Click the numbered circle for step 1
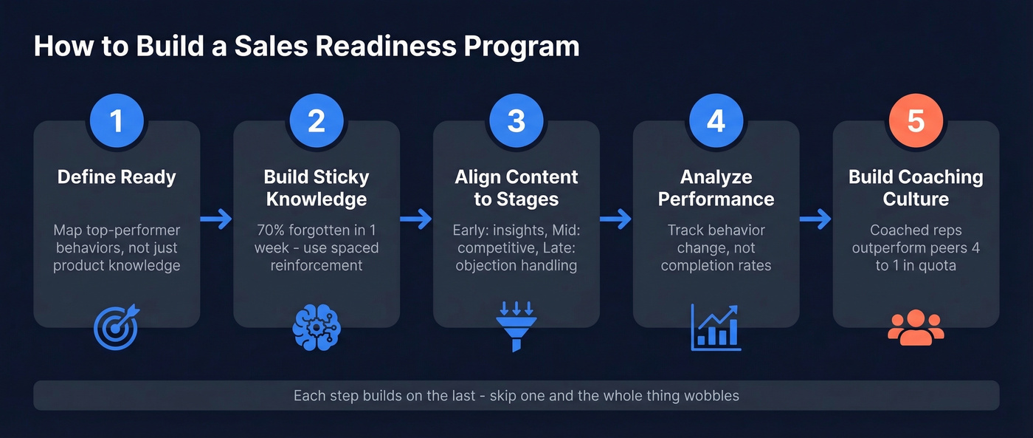117,122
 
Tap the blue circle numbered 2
317,122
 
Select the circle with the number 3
516,122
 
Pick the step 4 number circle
716,122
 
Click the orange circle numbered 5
916,122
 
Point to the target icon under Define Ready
117,327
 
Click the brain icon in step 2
317,327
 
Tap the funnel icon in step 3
516,327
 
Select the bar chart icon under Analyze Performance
716,327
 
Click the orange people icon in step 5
916,327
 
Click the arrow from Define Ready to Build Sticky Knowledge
216,219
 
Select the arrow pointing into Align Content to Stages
416,219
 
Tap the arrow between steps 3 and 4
616,219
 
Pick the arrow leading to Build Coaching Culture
816,219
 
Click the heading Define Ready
117,177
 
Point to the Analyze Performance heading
716,188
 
